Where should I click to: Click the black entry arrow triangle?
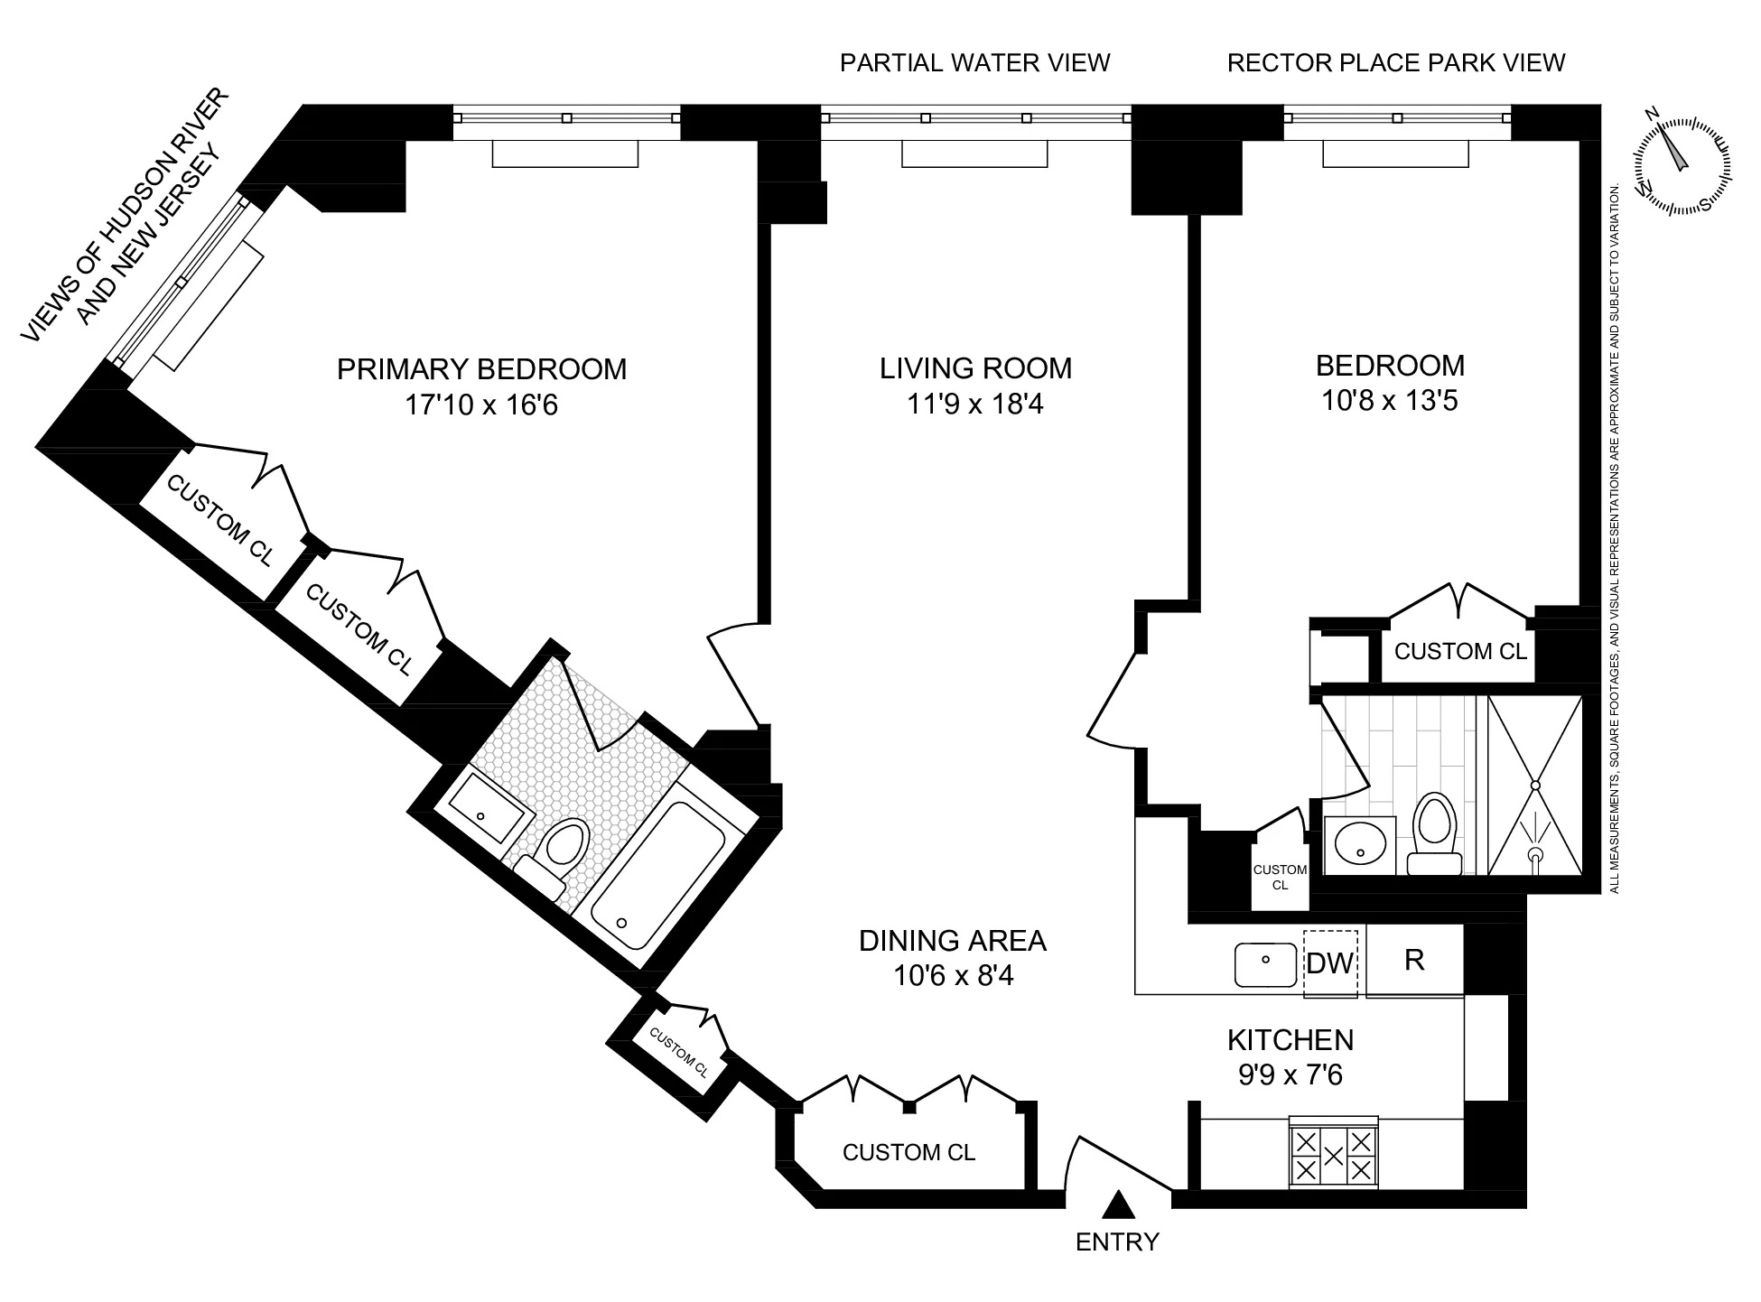point(1118,1204)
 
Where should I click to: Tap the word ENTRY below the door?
point(1117,1242)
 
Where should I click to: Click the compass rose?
point(1682,165)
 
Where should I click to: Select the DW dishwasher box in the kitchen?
point(1330,963)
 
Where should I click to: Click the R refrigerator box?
point(1414,960)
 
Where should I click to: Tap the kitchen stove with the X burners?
point(1333,1155)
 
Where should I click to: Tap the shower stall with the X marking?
point(1535,785)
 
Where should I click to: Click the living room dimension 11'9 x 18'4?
point(975,404)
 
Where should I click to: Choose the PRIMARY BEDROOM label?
point(481,369)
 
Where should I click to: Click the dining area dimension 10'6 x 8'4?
point(954,975)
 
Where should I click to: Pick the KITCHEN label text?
point(1290,1040)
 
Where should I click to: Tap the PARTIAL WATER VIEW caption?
point(974,62)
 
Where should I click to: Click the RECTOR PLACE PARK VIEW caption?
point(1395,62)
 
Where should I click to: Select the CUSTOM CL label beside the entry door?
point(908,1152)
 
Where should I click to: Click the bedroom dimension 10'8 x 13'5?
point(1389,400)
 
